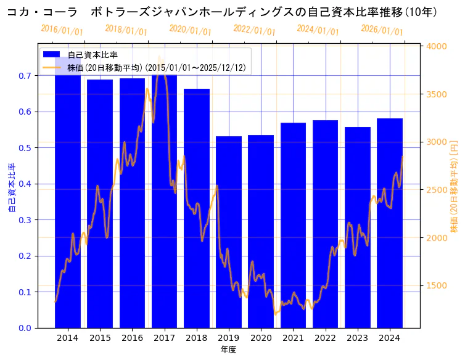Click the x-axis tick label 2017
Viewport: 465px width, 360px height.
(x=164, y=338)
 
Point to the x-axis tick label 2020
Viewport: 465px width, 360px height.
(x=261, y=338)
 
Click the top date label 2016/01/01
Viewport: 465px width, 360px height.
(x=62, y=30)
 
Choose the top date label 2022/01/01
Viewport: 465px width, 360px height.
(x=254, y=30)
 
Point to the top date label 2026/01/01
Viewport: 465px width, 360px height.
(x=382, y=30)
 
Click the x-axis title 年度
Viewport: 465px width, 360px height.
(x=228, y=350)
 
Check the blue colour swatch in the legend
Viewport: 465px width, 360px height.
(x=52, y=55)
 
